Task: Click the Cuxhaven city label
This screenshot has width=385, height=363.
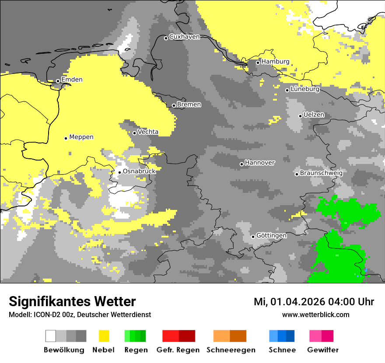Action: [x=184, y=37]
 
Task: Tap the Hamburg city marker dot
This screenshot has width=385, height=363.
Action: [x=258, y=63]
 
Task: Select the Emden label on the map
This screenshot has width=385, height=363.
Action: [x=72, y=80]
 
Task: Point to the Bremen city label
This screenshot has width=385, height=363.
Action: [x=189, y=105]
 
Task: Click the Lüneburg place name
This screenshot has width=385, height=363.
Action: [x=305, y=89]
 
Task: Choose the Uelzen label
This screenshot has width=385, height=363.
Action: [x=314, y=115]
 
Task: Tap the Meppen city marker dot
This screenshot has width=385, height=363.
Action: [x=66, y=138]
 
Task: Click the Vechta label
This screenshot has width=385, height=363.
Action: [x=148, y=132]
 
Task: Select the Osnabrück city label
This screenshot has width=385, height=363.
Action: [x=139, y=171]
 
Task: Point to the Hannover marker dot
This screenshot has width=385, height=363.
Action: [x=241, y=164]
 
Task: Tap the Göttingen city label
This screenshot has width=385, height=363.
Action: [x=271, y=236]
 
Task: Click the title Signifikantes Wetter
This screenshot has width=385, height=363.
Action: [x=72, y=301]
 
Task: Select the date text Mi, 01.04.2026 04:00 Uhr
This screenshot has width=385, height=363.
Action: [x=314, y=302]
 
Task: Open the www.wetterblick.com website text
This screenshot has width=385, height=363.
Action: [x=315, y=314]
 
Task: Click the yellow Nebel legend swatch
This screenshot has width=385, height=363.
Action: [x=104, y=336]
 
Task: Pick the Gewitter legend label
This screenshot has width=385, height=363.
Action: [x=322, y=350]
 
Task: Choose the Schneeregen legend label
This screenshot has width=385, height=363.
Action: [x=231, y=350]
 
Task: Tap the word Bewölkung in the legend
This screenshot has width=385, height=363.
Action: [x=64, y=350]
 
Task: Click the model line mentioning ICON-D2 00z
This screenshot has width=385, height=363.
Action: [x=80, y=314]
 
